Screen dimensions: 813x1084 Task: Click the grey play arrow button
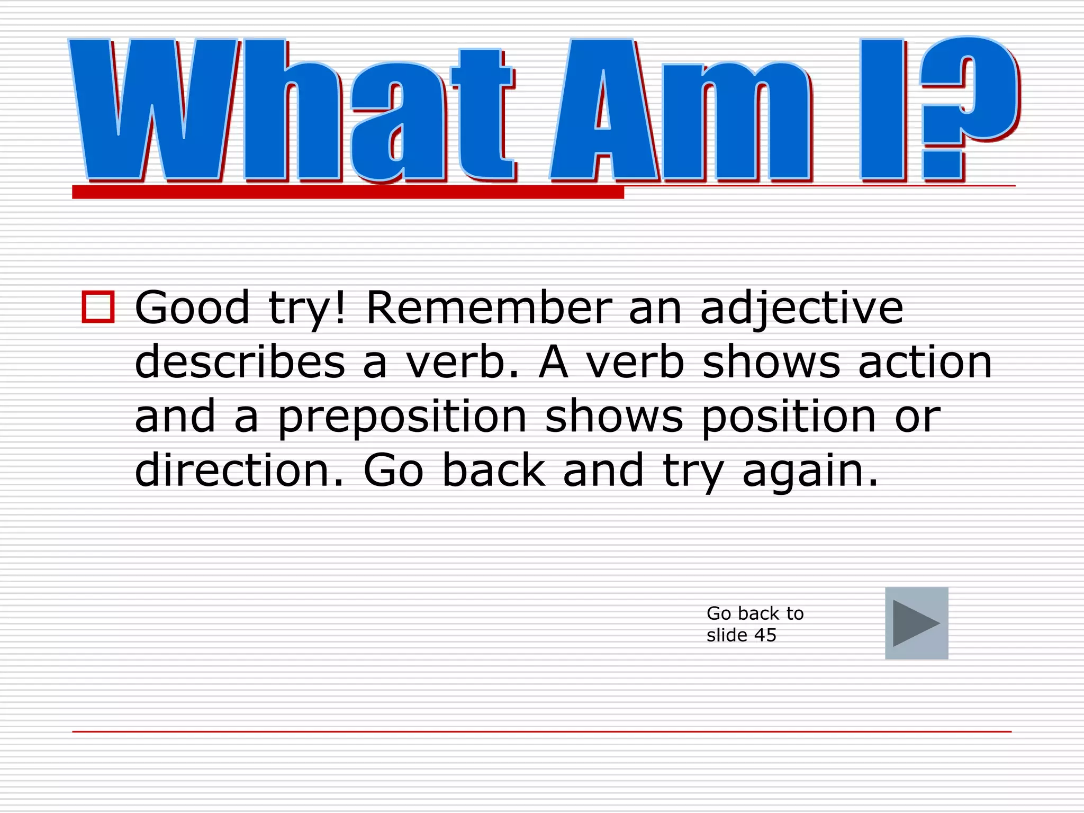coord(916,623)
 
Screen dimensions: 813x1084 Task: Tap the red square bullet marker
coord(98,307)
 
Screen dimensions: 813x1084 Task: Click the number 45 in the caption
coord(765,635)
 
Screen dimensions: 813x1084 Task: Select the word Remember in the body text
coord(489,308)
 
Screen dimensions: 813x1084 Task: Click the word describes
coord(240,362)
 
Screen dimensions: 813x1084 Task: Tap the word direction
coord(239,470)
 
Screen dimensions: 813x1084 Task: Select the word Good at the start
coord(192,308)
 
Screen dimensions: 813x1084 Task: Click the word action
coord(925,362)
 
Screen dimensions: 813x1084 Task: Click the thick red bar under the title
coord(348,192)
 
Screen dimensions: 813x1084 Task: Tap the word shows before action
coord(771,362)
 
